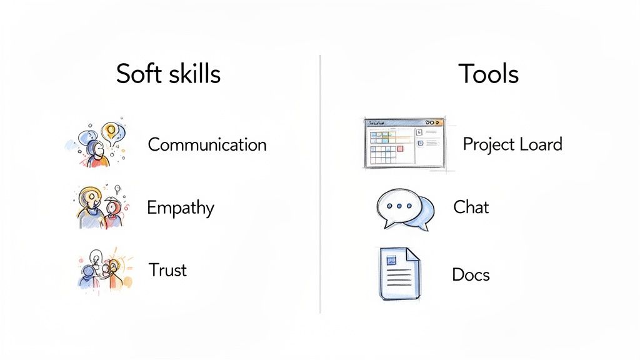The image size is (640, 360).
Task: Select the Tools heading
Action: (x=488, y=74)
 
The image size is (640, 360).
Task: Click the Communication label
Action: (x=207, y=145)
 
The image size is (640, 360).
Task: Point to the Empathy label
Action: (x=180, y=208)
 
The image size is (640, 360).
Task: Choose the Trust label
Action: (x=167, y=270)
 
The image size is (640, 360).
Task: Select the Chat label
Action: (x=471, y=207)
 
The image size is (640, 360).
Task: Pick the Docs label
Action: (x=471, y=274)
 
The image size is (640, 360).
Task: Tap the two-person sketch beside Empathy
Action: (x=100, y=206)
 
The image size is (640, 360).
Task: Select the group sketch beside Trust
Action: (x=103, y=270)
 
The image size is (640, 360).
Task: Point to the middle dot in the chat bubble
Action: (x=397, y=206)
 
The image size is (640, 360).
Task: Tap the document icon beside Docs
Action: (x=399, y=274)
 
